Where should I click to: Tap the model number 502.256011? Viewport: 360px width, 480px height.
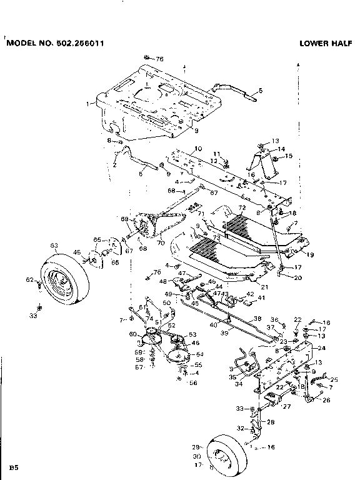coord(78,44)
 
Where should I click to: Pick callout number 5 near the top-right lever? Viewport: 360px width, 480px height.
coord(260,91)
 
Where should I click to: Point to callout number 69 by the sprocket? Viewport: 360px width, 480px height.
coord(124,219)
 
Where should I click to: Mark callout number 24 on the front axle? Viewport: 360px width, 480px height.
coord(322,348)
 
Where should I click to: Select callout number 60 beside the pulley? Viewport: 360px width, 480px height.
coord(133,334)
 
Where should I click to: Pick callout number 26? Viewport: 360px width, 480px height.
coord(326,400)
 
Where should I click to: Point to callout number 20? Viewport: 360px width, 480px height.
coord(297,277)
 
